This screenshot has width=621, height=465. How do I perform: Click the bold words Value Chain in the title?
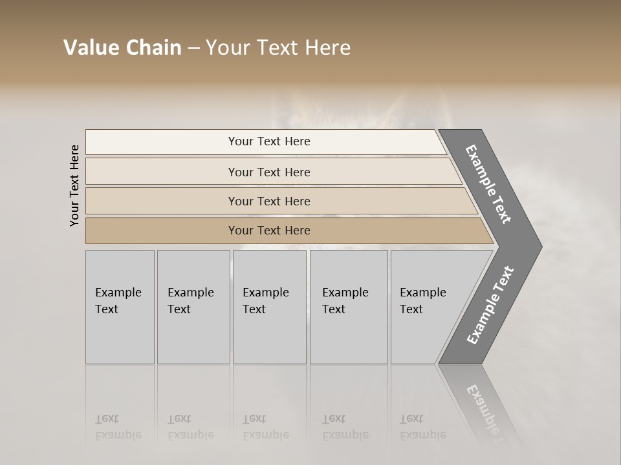pos(122,48)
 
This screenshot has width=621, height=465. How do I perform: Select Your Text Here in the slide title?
pos(278,48)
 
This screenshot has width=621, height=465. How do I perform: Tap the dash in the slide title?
pos(193,48)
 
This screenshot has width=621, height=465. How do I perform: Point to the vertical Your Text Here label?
pos(74,185)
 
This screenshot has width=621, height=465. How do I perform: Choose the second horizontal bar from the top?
pos(269,172)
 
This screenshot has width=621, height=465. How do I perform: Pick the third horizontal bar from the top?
pos(269,201)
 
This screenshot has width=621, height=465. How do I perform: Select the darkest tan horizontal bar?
pos(269,231)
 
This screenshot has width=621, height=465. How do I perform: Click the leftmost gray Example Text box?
pos(120,307)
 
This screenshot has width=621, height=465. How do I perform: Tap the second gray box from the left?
pos(193,307)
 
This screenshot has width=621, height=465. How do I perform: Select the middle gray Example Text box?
pos(269,307)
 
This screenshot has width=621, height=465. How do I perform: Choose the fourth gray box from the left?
pos(348,307)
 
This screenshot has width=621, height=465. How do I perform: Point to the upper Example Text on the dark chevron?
pos(488,184)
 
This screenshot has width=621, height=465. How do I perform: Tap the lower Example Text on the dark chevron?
pos(490,305)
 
